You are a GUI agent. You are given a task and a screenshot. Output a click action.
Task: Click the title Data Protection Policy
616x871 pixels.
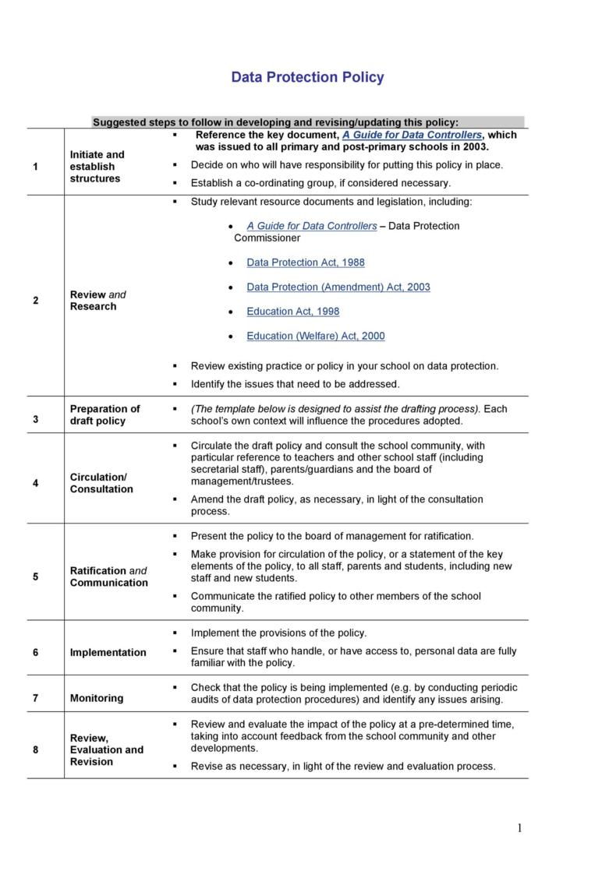pos(307,77)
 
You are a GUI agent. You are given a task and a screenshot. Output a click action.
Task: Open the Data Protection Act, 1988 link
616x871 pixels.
pos(305,263)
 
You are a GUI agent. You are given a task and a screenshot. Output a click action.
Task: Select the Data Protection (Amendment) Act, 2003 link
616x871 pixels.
pos(338,287)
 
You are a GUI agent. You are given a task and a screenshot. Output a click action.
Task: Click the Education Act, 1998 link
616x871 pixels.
pos(292,312)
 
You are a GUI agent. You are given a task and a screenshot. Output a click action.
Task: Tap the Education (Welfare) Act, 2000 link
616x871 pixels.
pos(315,336)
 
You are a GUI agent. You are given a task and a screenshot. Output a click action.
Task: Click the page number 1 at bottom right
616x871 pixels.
pos(519,828)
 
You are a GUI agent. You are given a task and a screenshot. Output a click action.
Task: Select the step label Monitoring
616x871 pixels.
pos(97,698)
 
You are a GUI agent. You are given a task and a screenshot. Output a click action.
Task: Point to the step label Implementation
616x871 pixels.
pos(108,653)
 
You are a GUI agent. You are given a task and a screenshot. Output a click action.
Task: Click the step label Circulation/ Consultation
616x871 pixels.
pos(101,483)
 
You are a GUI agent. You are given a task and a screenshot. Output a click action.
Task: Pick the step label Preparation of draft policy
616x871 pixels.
pos(104,414)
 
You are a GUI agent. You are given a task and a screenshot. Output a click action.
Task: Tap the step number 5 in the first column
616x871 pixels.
pos(36,577)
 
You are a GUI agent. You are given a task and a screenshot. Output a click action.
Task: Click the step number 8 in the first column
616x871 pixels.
pos(36,749)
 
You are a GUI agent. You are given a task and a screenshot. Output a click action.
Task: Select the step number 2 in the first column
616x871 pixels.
pos(36,301)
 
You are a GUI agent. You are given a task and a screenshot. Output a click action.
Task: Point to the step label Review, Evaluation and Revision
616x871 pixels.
pos(106,749)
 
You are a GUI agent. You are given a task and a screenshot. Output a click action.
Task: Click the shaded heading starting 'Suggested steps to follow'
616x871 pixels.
pos(275,122)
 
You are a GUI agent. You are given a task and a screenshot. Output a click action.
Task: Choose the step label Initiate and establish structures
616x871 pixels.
pos(97,167)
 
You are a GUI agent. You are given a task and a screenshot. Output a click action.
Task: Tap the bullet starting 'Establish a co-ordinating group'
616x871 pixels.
pos(320,183)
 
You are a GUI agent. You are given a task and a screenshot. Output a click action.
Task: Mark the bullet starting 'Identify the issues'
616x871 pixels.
pos(295,383)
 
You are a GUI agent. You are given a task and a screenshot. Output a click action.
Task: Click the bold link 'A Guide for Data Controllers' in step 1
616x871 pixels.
pos(412,135)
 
